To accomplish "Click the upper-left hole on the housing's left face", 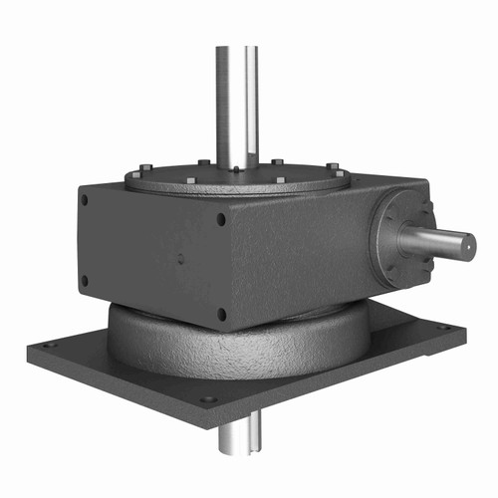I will click(84, 199).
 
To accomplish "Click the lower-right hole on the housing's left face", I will click(221, 315).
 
